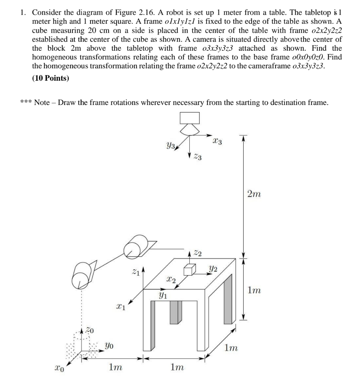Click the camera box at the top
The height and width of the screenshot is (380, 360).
point(190,118)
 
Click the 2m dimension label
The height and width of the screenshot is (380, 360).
point(254,194)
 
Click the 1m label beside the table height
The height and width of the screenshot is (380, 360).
point(254,290)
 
